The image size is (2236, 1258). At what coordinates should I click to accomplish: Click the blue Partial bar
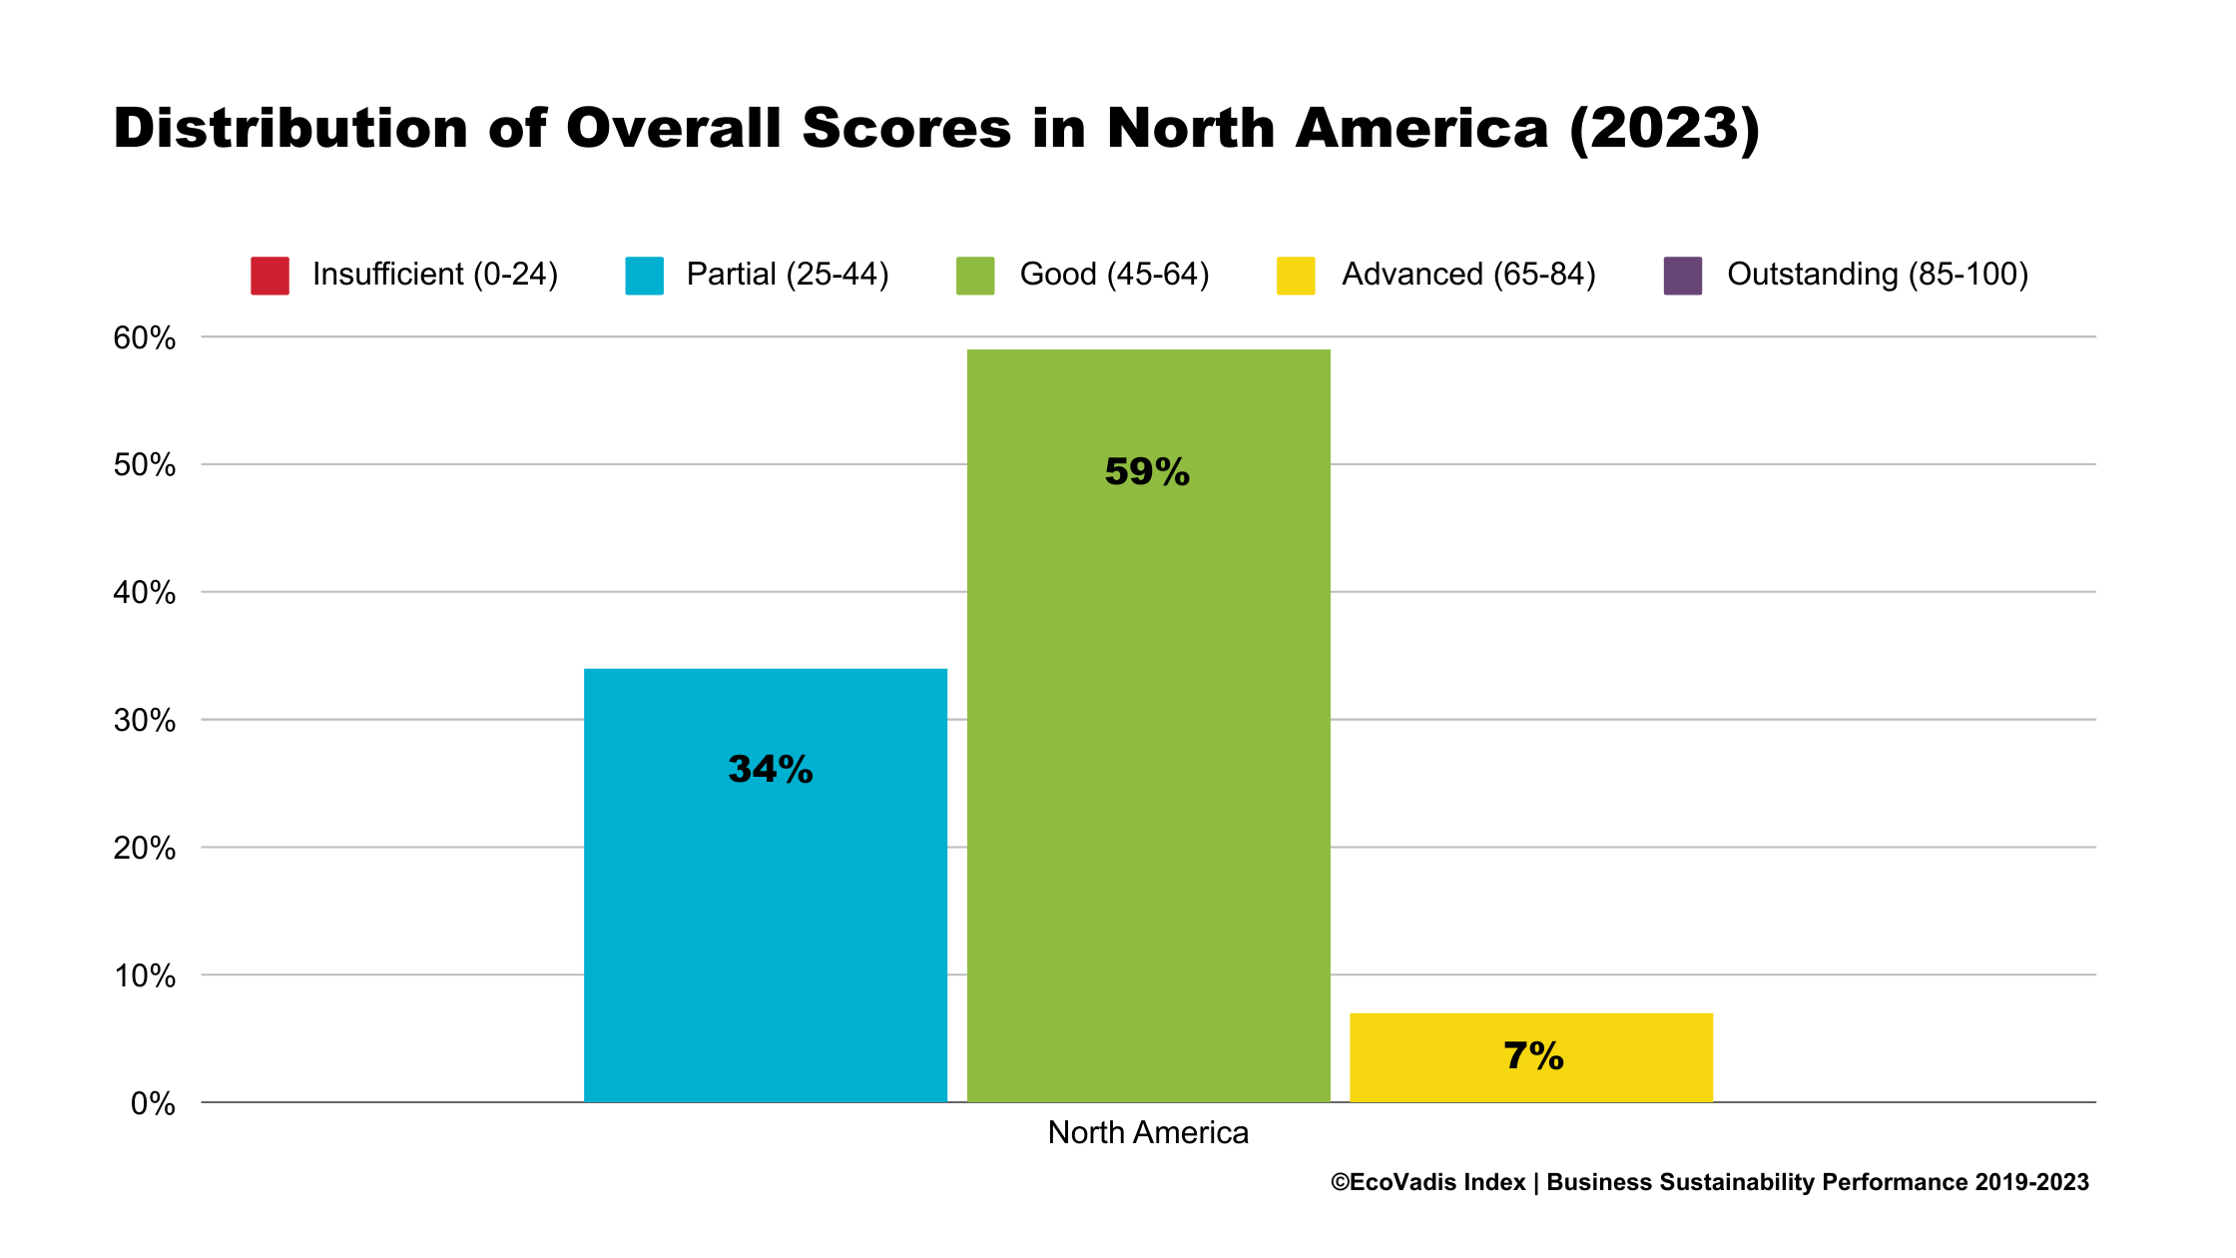coord(765,899)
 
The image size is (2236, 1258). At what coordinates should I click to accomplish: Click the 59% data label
coord(1147,472)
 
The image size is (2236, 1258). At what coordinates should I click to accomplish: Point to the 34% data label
coord(771,770)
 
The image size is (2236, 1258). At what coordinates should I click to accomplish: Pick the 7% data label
coord(1533,1056)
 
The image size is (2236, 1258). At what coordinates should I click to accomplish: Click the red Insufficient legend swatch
coord(270,276)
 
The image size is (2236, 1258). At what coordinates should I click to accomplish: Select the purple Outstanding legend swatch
coord(1682,276)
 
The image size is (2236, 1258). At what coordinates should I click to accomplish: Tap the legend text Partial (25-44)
coord(787,275)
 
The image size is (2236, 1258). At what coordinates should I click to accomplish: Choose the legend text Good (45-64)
coord(1114,275)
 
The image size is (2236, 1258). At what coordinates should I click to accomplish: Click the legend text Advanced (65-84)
coord(1468,275)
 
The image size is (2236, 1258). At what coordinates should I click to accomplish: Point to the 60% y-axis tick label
coord(145,338)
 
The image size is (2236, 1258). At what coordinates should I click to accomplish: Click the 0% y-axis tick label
coord(153,1104)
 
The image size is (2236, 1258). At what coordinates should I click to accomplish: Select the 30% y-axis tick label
coord(145,721)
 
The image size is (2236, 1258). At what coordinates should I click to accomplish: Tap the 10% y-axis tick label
coord(145,976)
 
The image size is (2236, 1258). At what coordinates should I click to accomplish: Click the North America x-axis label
coord(1148,1133)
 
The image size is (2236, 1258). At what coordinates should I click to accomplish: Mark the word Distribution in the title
coord(290,129)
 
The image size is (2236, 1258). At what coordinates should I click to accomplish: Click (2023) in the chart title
coord(1664,131)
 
